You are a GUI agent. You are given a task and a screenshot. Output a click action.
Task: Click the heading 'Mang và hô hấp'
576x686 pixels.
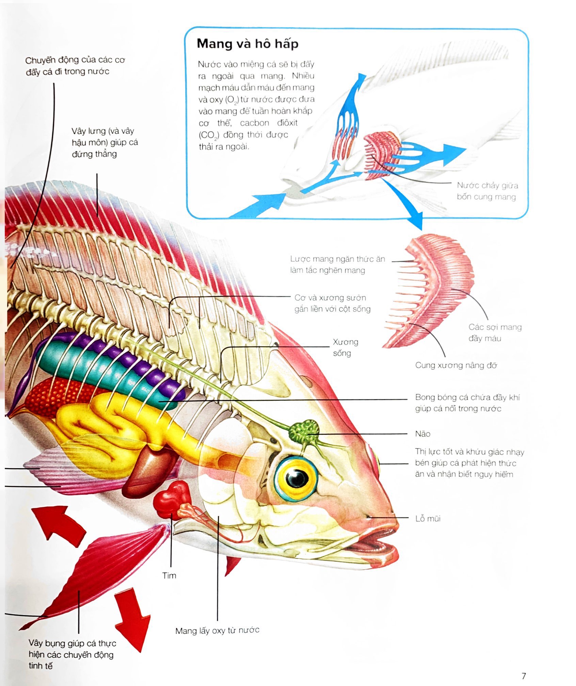pos(247,44)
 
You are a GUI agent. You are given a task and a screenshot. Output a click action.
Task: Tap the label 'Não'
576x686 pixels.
pos(422,434)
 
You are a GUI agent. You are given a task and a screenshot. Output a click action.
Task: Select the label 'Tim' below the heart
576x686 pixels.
pos(169,576)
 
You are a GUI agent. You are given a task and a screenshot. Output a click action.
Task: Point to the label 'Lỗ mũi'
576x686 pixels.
pos(428,519)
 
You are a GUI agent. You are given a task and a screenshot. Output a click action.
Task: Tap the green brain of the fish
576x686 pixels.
pos(303,431)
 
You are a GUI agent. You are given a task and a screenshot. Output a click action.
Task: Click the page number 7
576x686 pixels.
pos(524,676)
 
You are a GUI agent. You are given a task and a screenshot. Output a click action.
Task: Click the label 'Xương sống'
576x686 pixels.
pos(345,347)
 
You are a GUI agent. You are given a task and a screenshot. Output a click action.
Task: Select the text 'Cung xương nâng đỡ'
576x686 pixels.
pos(456,365)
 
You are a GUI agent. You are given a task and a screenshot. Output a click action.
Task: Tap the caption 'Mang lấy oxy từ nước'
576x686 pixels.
pos(217,631)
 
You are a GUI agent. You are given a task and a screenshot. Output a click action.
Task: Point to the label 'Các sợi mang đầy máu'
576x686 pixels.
pos(495,332)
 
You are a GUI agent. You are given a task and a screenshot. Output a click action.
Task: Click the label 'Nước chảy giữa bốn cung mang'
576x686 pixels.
pos(487,191)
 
